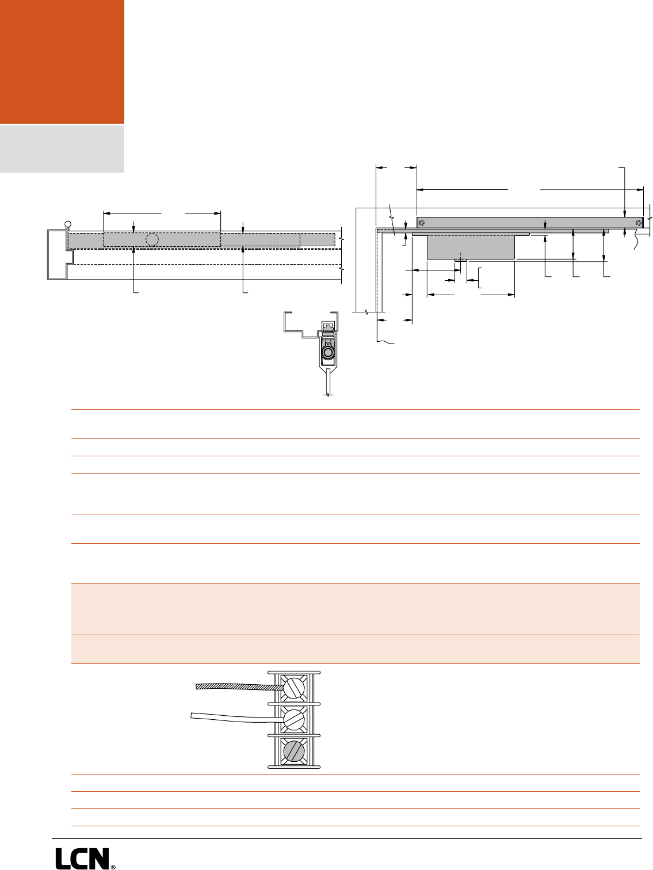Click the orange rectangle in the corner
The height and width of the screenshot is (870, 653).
tap(62, 62)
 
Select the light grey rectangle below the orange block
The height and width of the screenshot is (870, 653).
tap(62, 149)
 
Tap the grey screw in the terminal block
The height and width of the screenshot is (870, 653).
tap(293, 751)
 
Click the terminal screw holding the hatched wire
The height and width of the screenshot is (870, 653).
tap(293, 688)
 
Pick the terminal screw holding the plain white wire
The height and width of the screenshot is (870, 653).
tap(293, 719)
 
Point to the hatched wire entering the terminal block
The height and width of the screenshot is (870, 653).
tap(239, 687)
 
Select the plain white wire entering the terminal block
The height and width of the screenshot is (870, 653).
tap(236, 718)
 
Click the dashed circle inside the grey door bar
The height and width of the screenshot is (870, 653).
tap(152, 239)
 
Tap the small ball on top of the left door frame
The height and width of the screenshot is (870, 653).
tap(68, 224)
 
